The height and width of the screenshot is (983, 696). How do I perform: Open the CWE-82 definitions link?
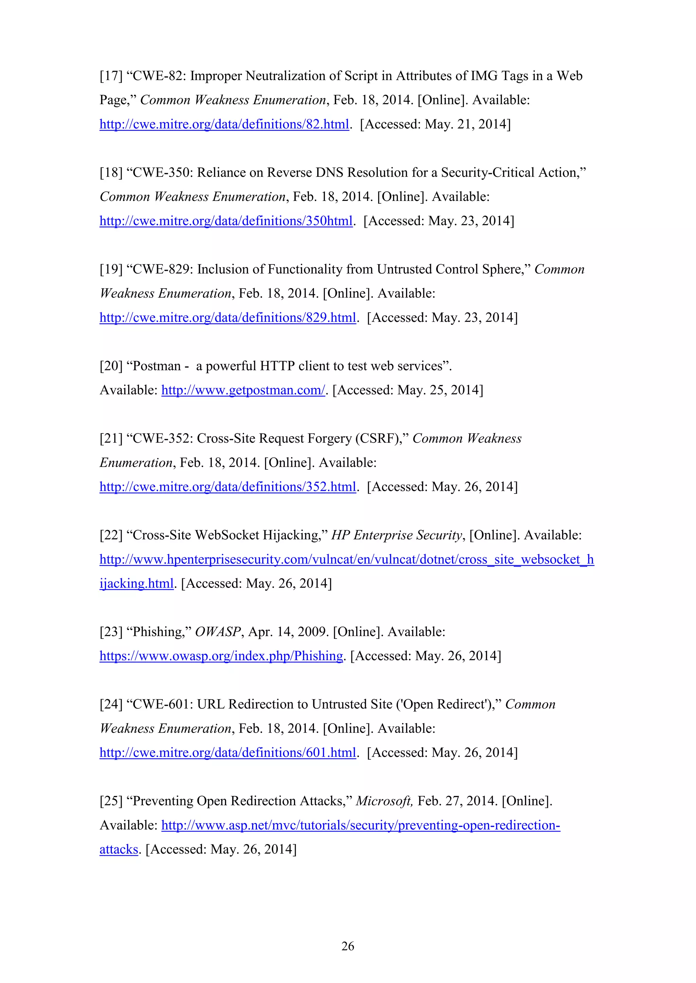pos(224,125)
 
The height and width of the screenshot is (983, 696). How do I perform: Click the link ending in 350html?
pos(226,221)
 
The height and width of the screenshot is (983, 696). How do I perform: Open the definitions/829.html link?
pos(228,318)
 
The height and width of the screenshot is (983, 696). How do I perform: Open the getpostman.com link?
pos(243,390)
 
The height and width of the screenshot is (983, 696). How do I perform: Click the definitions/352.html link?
pos(228,487)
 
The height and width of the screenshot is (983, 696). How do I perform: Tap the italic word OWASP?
pos(218,632)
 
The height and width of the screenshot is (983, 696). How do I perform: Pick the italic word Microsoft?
pos(384,801)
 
